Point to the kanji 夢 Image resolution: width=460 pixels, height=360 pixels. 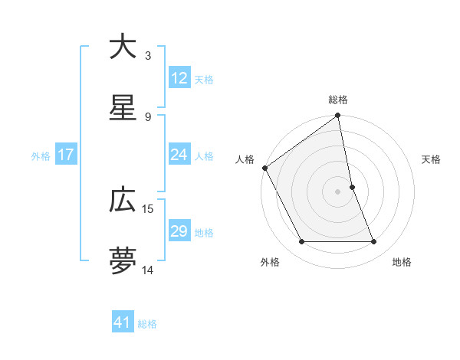click(x=123, y=260)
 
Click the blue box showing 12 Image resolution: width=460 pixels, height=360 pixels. click(x=179, y=78)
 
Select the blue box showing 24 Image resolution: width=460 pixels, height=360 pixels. click(x=179, y=155)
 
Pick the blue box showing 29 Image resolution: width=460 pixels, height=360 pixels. click(x=179, y=231)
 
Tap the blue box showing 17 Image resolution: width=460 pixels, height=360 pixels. click(x=66, y=155)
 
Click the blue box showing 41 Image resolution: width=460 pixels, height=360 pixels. click(x=123, y=323)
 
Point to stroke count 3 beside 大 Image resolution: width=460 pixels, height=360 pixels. click(x=148, y=55)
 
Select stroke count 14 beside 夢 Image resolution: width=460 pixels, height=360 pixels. click(x=148, y=270)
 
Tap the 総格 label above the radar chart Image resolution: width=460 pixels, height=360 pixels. click(x=338, y=100)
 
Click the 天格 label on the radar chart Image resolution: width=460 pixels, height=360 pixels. click(x=431, y=159)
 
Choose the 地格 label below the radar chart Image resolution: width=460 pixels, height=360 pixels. click(x=402, y=262)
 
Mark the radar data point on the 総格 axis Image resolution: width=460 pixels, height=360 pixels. click(x=338, y=117)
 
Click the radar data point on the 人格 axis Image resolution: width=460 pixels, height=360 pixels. click(x=264, y=168)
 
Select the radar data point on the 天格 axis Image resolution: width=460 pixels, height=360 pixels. click(x=352, y=187)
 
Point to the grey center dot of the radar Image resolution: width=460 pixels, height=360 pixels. click(x=338, y=191)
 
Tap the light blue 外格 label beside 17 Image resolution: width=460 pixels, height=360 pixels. click(x=41, y=155)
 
